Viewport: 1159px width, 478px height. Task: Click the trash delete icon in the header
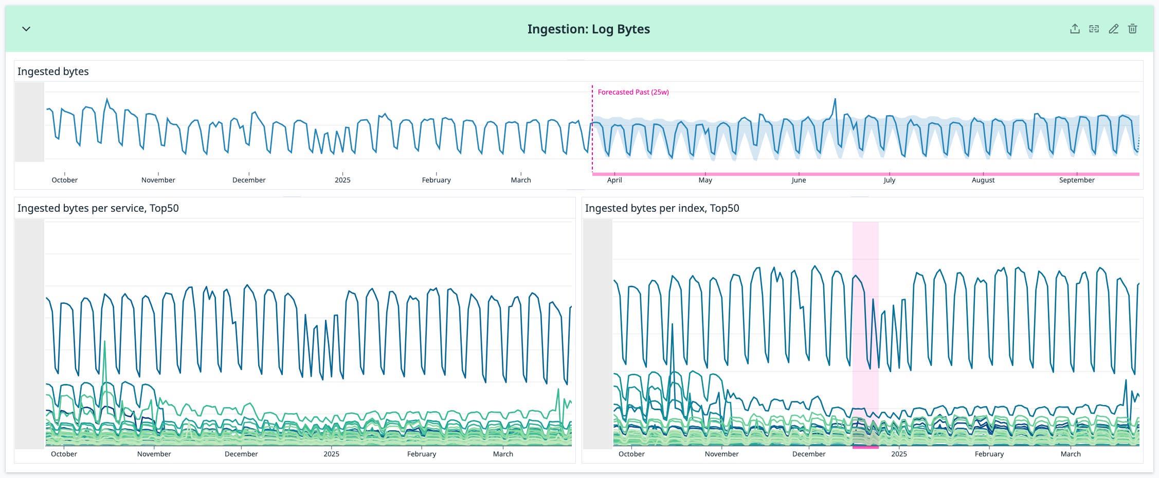click(1132, 29)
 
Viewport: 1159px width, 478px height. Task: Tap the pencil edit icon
click(1113, 29)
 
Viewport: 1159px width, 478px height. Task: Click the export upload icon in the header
click(1075, 29)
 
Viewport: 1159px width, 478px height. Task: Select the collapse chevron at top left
click(26, 29)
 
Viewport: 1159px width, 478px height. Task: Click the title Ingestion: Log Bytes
click(588, 29)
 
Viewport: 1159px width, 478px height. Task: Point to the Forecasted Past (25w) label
click(633, 92)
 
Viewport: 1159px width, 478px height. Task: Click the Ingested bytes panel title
click(53, 71)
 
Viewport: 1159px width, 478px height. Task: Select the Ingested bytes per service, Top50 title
click(98, 208)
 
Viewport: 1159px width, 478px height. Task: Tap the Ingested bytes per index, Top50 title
click(662, 208)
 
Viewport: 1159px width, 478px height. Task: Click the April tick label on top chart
click(614, 180)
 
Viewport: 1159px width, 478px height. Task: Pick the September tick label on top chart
click(1076, 180)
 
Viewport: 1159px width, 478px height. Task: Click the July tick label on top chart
click(889, 180)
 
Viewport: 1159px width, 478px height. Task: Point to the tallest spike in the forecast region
click(835, 100)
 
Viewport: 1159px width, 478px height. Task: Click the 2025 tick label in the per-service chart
click(331, 454)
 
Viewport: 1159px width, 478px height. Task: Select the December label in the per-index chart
click(808, 454)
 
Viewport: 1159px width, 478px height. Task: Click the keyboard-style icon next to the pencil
click(1094, 29)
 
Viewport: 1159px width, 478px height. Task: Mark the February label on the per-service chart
click(421, 454)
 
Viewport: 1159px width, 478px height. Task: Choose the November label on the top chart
click(158, 180)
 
